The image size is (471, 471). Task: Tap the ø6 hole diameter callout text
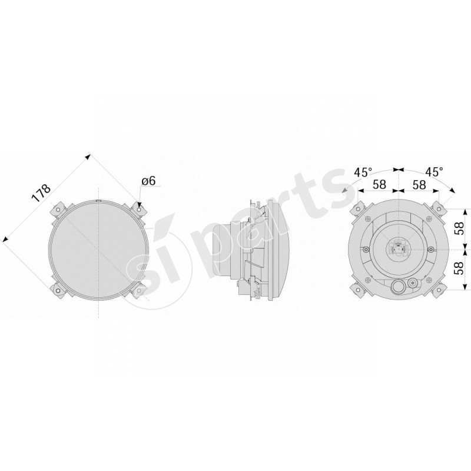pos(148,181)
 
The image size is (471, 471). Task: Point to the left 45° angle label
pos(363,172)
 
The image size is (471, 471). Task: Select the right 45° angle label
pos(434,172)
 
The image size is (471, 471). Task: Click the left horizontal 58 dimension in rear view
pos(380,184)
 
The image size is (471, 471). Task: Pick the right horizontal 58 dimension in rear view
pos(419,184)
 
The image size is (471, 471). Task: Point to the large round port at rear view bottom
pos(399,287)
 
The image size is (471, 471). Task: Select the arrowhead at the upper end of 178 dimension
pos(88,157)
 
